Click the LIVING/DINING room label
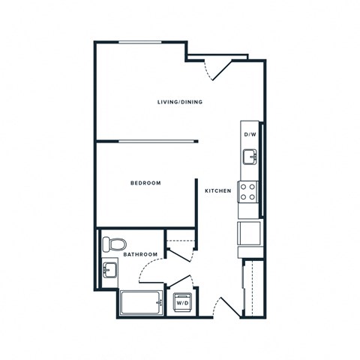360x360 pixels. coord(179,102)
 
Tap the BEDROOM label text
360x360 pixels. coord(145,183)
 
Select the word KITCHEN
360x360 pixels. coord(217,191)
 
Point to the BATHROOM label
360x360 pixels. coord(141,255)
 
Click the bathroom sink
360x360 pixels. coord(109,271)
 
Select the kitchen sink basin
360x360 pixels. coord(249,156)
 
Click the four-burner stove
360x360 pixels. coord(248,192)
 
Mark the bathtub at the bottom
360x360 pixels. coord(141,303)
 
